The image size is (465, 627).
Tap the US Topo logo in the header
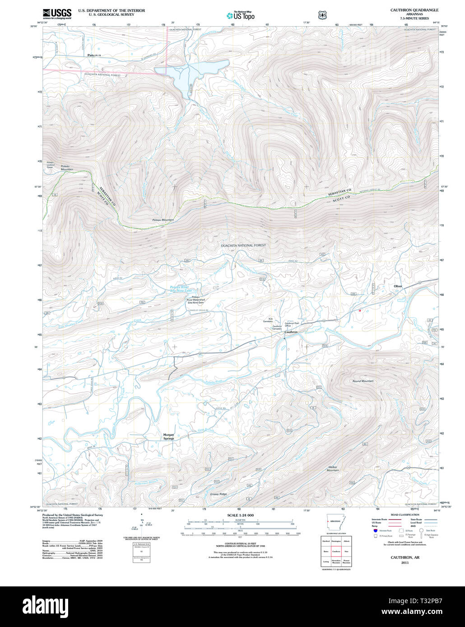pos(241,15)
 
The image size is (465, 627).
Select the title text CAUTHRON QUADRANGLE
pos(414,10)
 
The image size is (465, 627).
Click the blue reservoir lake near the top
pos(190,72)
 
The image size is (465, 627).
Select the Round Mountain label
pos(363,381)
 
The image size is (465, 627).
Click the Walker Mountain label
pos(333,469)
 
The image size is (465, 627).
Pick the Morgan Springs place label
pos(168,436)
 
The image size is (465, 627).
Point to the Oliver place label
pos(398,286)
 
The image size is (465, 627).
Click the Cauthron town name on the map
pos(291,332)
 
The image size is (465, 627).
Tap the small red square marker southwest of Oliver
pos(360,310)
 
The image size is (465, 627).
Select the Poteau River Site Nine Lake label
pos(184,289)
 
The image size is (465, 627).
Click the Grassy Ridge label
pos(218,494)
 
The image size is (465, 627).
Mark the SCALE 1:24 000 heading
pos(240,515)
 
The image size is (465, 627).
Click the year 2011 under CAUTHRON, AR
pos(405,562)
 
